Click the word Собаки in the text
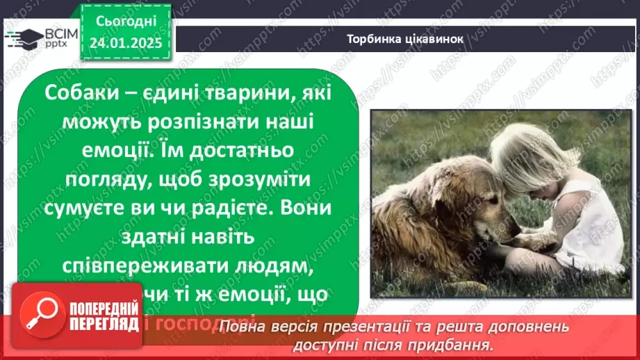pos(78,92)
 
